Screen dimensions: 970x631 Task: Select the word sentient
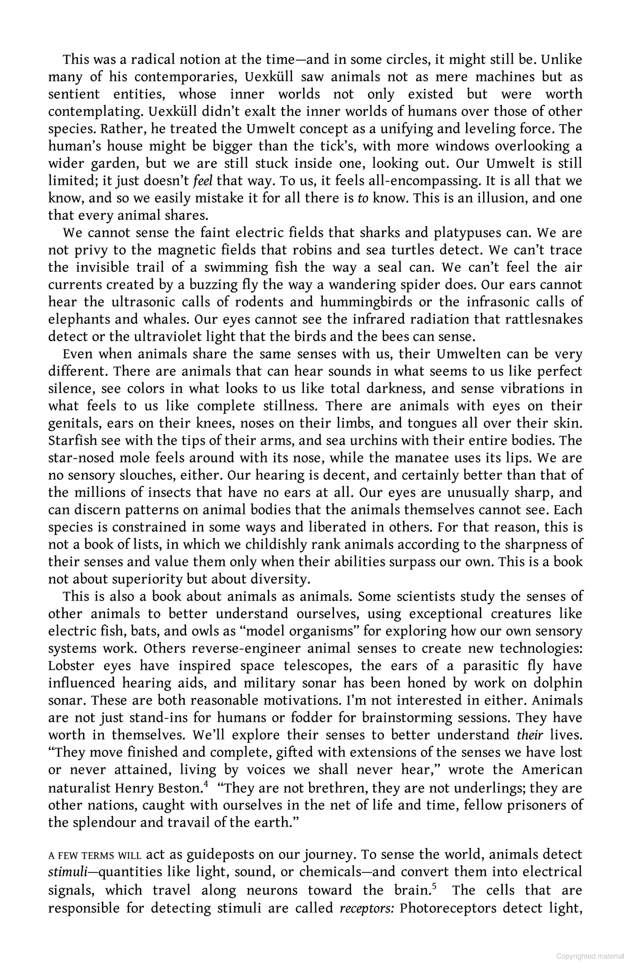tap(73, 94)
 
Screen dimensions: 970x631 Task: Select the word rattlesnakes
tap(544, 319)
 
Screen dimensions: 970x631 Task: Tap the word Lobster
tap(72, 666)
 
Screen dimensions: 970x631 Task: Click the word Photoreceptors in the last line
tap(448, 908)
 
